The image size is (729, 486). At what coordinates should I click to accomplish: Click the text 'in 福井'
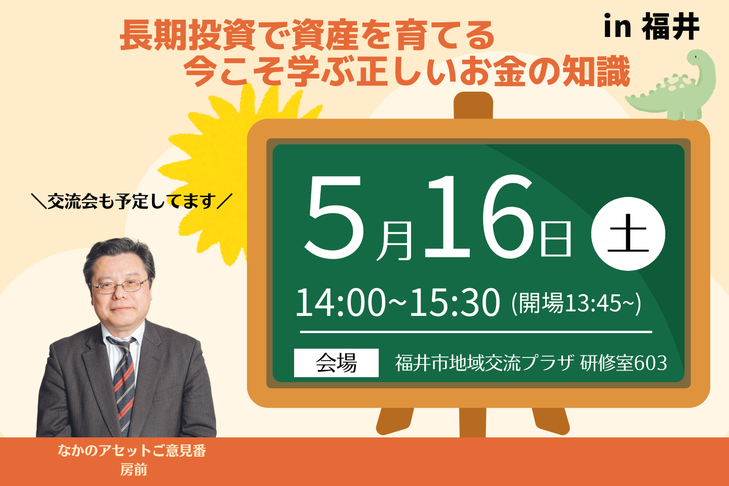click(652, 27)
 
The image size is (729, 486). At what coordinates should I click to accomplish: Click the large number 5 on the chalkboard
click(334, 217)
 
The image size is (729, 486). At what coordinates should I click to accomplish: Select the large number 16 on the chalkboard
click(479, 217)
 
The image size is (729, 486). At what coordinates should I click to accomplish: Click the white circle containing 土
click(628, 234)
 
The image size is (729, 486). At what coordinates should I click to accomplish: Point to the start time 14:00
click(340, 303)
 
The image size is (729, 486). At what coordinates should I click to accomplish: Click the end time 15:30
click(455, 303)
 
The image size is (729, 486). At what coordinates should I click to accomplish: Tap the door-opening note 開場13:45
click(576, 303)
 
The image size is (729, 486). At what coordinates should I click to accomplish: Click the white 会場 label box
click(336, 362)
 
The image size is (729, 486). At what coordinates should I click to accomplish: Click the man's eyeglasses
click(119, 286)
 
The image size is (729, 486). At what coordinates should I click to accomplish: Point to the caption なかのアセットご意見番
click(132, 451)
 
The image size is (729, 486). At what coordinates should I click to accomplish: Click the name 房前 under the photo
click(134, 470)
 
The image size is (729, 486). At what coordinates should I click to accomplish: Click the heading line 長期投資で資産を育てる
click(307, 35)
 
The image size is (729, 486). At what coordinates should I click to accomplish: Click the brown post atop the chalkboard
click(473, 105)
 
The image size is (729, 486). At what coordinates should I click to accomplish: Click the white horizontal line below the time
click(476, 332)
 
